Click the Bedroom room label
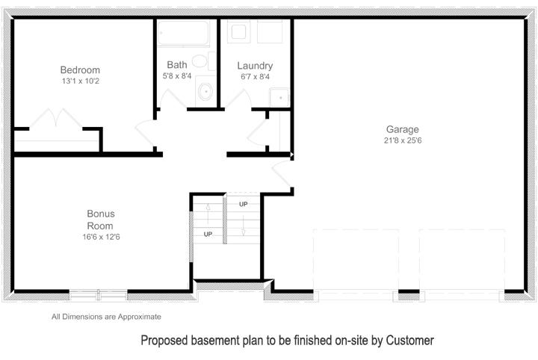coord(80,70)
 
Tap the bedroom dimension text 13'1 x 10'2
coord(80,81)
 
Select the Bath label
coord(177,65)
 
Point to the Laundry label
coord(255,66)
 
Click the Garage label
coord(403,130)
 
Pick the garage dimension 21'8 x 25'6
coord(403,140)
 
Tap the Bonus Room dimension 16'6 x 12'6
coord(101,237)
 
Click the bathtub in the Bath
coord(183,33)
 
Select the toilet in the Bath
coord(203,61)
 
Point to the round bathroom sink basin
coord(206,92)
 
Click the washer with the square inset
coord(238,31)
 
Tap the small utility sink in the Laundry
coord(279,98)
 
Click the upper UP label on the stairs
coord(244,205)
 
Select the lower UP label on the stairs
coord(208,235)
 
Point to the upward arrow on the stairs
coord(208,214)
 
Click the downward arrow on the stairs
coord(244,226)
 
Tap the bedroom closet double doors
coord(56,118)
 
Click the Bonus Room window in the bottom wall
coord(99,295)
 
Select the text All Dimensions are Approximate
coord(106,317)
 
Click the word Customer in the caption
coord(409,341)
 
